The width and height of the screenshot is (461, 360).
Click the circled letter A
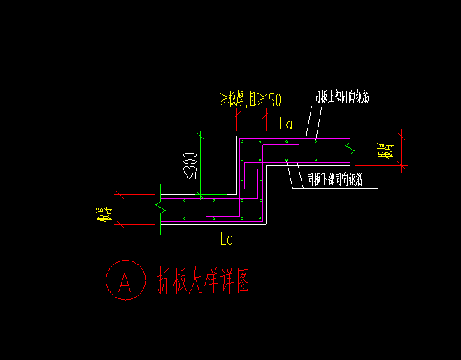pyautogui.click(x=125, y=281)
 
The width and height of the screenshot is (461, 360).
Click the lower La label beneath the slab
pyautogui.click(x=226, y=239)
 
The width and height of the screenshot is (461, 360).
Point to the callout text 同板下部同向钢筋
pyautogui.click(x=335, y=180)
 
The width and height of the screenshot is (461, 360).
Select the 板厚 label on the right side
pyautogui.click(x=387, y=150)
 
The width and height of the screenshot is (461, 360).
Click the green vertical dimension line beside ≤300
pyautogui.click(x=201, y=164)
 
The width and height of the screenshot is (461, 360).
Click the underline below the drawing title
pyautogui.click(x=243, y=303)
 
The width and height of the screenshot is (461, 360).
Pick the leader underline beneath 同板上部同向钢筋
pyautogui.click(x=346, y=106)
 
